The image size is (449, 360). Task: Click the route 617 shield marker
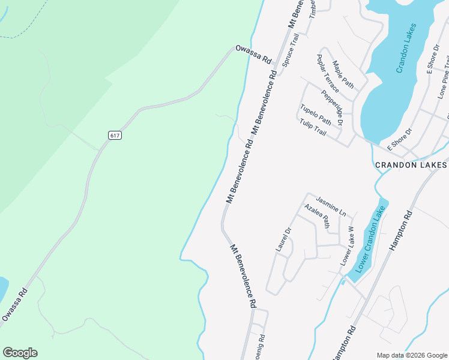[115, 136]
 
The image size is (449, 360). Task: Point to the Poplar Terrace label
[328, 74]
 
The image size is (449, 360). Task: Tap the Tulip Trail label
[313, 127]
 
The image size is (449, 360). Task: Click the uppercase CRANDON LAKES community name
[411, 165]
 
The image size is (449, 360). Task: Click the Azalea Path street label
[317, 217]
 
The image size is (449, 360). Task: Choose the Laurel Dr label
[283, 239]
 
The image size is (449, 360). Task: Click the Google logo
[20, 353]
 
